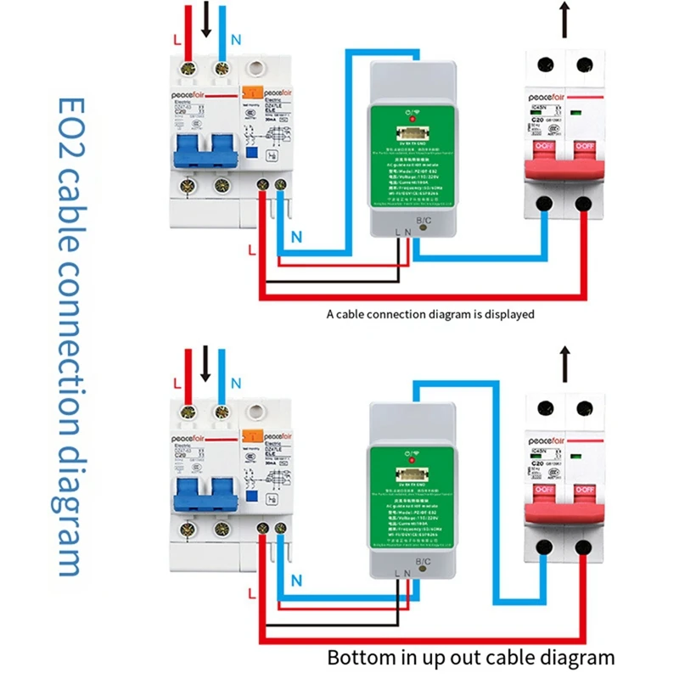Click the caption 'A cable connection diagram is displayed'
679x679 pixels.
click(431, 314)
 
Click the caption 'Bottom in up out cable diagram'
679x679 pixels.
click(471, 657)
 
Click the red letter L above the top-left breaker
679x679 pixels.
click(177, 40)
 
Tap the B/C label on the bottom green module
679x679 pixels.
click(422, 563)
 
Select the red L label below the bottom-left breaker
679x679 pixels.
click(250, 591)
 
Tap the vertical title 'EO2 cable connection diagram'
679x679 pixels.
click(72, 339)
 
